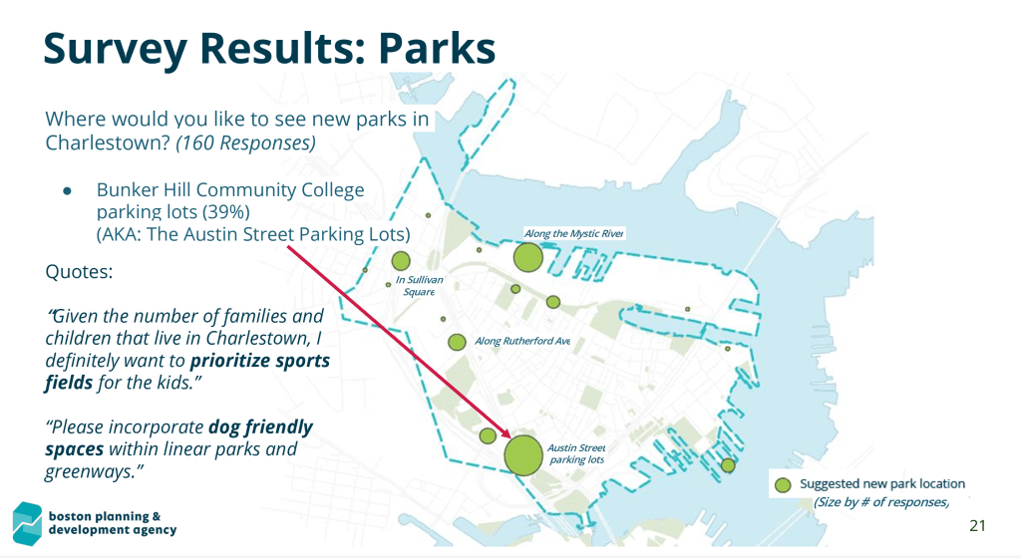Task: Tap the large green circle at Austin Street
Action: pos(522,454)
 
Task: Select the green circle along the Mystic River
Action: pos(527,258)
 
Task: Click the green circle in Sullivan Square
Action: pos(401,261)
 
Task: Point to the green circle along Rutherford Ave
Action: pos(458,342)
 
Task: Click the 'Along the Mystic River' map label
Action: pos(573,233)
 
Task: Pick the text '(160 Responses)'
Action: pos(246,142)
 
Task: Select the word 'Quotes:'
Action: pos(78,270)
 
